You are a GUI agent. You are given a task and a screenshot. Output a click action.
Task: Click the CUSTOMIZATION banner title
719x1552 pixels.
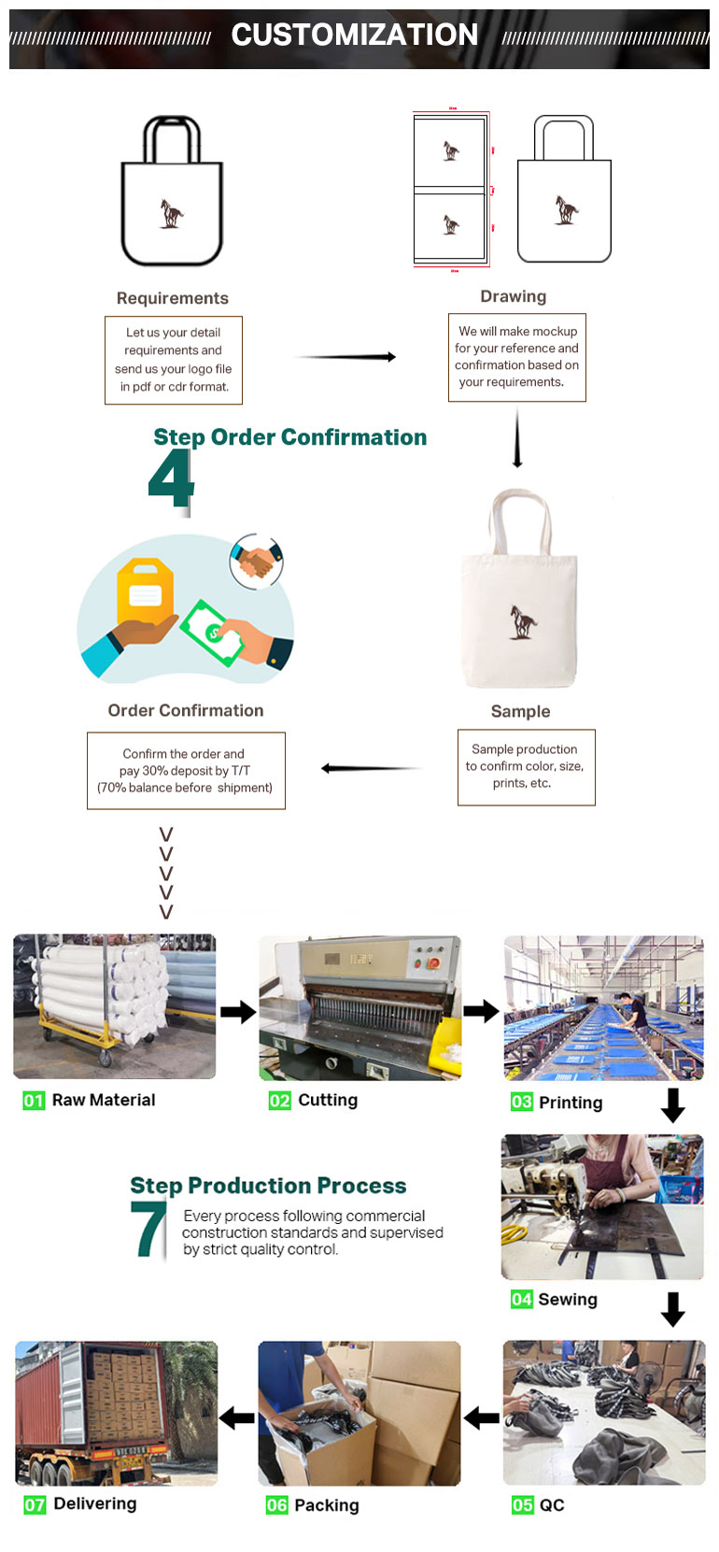click(355, 35)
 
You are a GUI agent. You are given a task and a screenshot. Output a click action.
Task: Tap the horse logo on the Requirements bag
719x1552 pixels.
click(171, 213)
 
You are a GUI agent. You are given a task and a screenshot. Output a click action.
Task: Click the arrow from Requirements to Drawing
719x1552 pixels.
click(345, 357)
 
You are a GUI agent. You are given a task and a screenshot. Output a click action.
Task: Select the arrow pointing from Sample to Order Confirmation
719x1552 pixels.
click(373, 768)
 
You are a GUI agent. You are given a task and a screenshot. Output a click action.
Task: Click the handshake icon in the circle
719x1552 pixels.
click(257, 562)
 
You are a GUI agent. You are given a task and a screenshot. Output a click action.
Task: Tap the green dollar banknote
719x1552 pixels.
click(212, 633)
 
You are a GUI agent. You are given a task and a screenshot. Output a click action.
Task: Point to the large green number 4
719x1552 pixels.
click(171, 478)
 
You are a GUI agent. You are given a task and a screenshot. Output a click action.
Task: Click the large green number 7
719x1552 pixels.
click(148, 1229)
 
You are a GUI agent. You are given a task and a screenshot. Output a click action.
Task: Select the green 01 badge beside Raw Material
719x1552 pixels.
click(34, 1101)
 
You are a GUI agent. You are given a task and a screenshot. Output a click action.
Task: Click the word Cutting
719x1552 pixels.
click(328, 1101)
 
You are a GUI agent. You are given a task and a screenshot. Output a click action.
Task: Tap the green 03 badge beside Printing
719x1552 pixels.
click(522, 1102)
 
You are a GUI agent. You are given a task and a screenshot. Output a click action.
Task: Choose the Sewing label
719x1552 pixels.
click(568, 1299)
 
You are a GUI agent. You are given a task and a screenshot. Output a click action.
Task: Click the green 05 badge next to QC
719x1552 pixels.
click(522, 1505)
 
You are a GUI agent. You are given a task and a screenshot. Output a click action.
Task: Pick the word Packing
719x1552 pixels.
click(327, 1505)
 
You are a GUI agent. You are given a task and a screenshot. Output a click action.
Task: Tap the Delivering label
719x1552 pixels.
click(95, 1503)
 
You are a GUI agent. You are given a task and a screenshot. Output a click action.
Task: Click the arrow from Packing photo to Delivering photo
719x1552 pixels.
click(237, 1418)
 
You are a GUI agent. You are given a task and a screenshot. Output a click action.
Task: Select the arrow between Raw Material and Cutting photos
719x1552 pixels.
click(238, 1012)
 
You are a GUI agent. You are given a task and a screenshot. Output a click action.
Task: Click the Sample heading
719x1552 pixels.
click(520, 712)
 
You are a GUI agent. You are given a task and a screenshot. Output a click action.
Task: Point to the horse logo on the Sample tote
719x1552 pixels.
click(523, 621)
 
